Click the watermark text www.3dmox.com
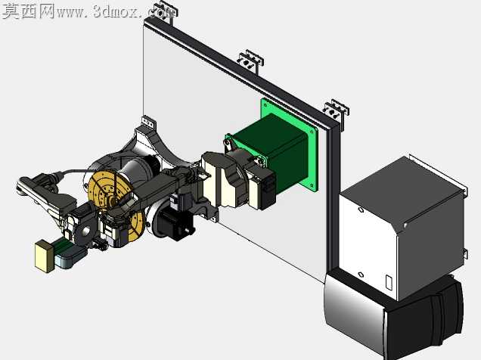point(117,12)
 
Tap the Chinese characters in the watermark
point(29,11)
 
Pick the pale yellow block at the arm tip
point(45,256)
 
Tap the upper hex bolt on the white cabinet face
point(361,210)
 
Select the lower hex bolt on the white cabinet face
point(361,275)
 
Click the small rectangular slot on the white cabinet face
point(389,283)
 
